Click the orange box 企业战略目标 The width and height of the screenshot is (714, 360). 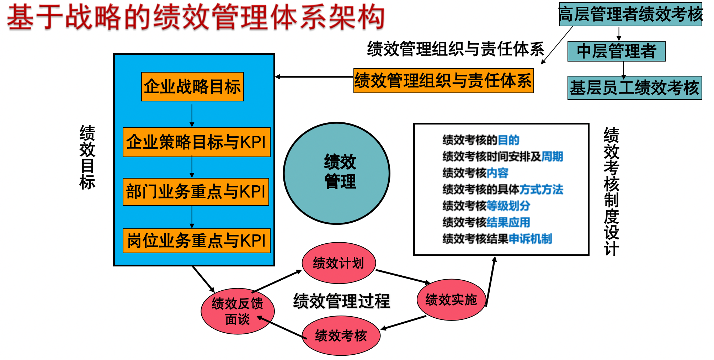[192, 87]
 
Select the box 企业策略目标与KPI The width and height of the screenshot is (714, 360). [196, 142]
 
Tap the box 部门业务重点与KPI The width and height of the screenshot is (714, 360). [196, 192]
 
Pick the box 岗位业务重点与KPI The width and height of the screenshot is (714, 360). [196, 241]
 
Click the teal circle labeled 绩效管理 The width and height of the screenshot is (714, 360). [337, 173]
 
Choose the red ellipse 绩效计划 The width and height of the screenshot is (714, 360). [339, 263]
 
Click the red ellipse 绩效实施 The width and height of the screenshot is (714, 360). [451, 300]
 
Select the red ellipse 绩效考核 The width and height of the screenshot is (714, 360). [341, 335]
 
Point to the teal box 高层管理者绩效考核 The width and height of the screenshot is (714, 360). [630, 14]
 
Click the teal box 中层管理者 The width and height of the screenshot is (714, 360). [616, 51]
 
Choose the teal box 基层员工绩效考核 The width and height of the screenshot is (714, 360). [634, 88]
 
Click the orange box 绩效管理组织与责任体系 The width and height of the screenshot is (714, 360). [443, 81]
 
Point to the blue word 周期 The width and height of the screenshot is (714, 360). [552, 157]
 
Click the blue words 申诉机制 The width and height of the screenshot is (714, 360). [530, 239]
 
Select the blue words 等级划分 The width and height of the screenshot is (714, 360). [508, 206]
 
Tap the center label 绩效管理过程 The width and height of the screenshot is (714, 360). [341, 301]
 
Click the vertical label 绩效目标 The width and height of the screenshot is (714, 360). [87, 157]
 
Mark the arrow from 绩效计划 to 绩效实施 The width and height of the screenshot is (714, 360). [403, 276]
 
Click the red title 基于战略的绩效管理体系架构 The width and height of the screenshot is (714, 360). [196, 17]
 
